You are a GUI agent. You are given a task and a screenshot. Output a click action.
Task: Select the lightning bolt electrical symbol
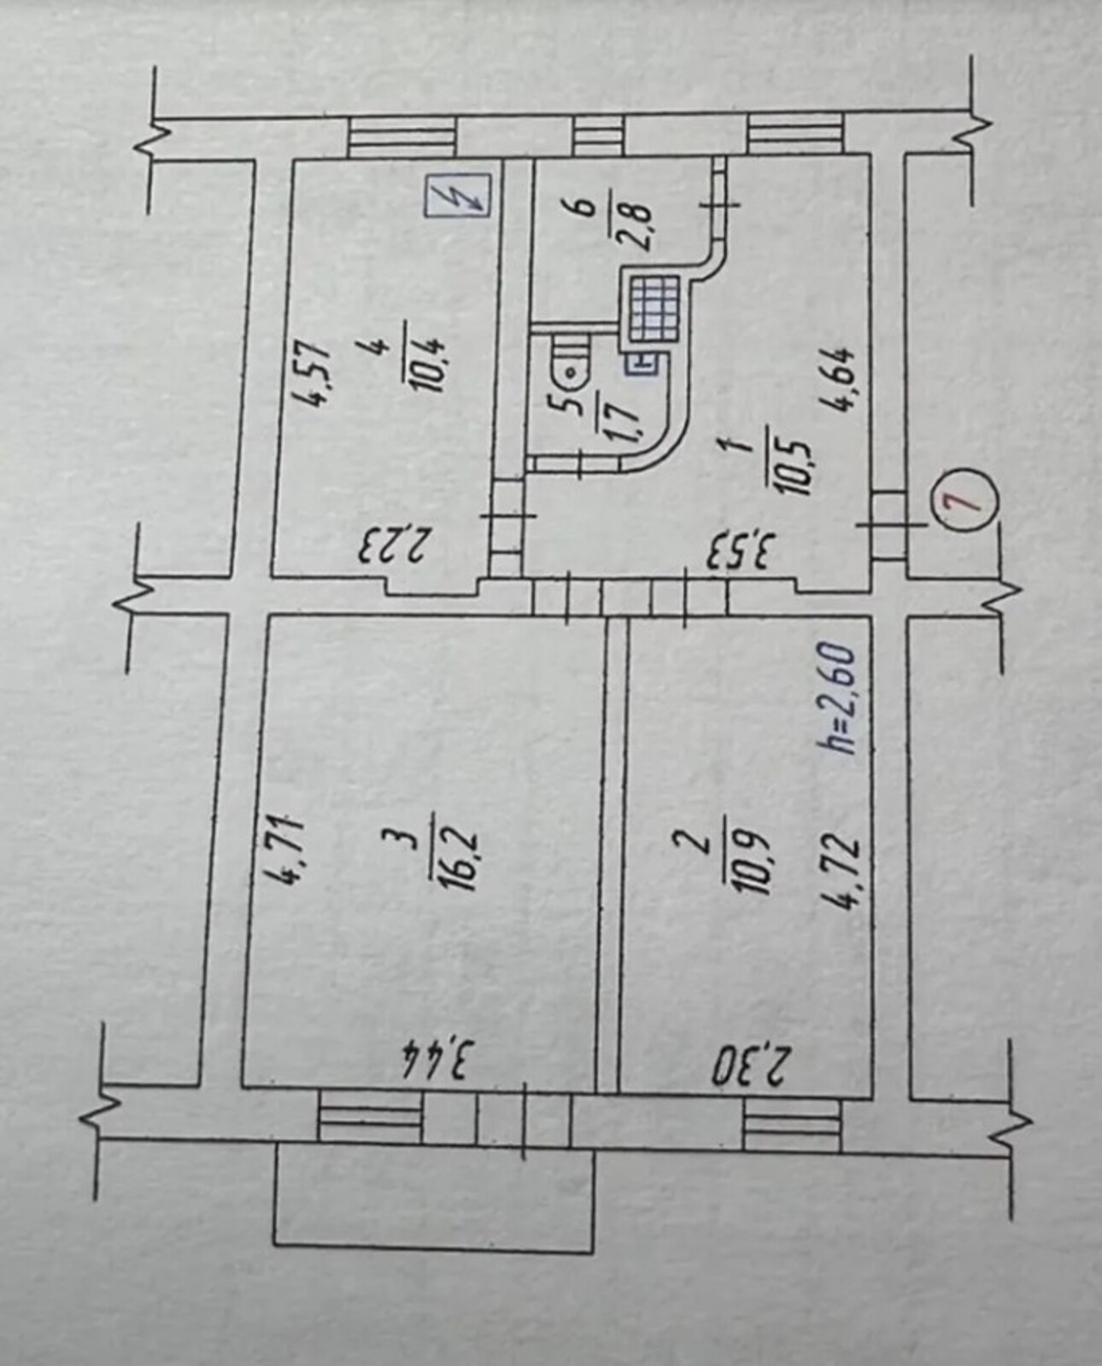tap(466, 195)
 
